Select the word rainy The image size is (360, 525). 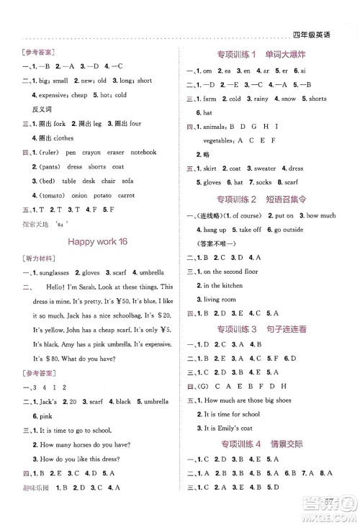pyautogui.click(x=263, y=99)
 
